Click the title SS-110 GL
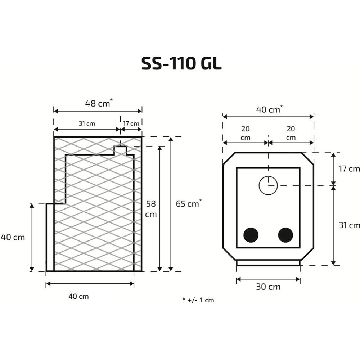tap(181, 63)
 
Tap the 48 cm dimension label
tap(99, 103)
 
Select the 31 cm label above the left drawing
tap(87, 123)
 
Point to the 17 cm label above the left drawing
tap(131, 123)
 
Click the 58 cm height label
tap(151, 209)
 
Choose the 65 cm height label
tap(189, 203)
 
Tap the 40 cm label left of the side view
tap(13, 237)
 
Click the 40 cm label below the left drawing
tap(78, 296)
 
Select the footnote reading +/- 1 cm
tap(198, 300)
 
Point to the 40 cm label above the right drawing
tap(269, 109)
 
